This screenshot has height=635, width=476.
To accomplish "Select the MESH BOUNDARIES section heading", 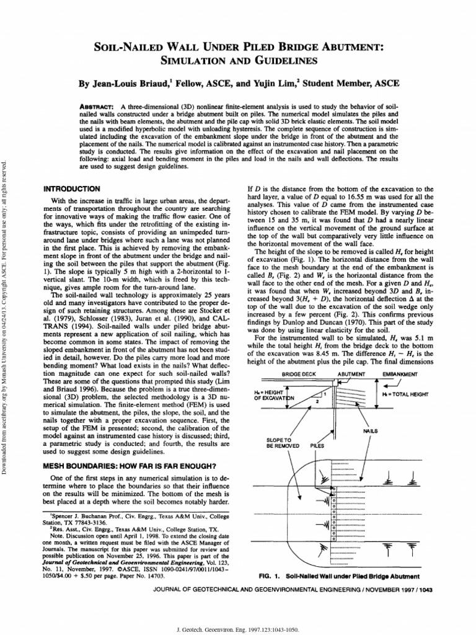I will click(130, 464).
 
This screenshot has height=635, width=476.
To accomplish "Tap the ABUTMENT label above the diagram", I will click(353, 375).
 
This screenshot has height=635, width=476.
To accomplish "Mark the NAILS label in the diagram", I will click(381, 430).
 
